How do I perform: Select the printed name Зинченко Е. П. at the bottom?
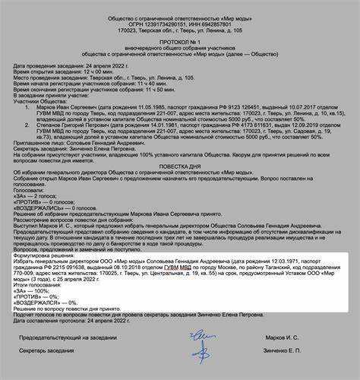[289, 353]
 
